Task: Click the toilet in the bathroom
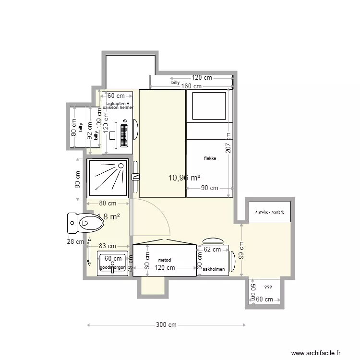86,222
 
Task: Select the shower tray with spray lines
108,178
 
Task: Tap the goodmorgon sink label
113,267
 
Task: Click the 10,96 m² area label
184,178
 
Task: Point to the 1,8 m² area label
108,217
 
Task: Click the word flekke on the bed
210,158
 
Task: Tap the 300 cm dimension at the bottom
167,325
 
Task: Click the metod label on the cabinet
164,260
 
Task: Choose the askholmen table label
214,269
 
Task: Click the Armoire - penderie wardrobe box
270,212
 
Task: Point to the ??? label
268,288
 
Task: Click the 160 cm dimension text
192,86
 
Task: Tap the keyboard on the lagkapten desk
124,136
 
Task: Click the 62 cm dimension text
212,249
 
